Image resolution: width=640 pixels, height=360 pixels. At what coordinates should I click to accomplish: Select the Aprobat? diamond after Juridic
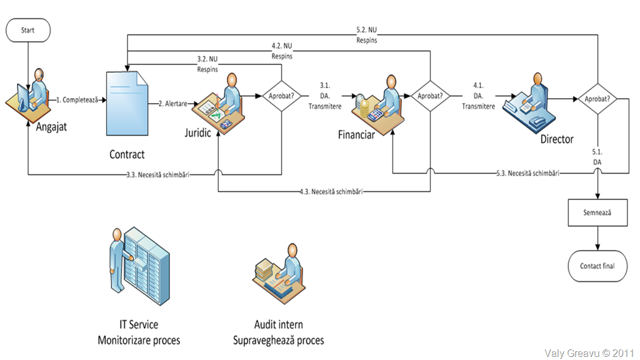coord(281,97)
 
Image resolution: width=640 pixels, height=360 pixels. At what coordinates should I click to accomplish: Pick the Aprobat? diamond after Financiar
coord(431,97)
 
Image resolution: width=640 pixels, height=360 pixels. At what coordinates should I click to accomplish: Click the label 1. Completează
coord(77,99)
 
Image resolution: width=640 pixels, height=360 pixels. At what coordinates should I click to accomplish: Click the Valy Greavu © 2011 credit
coord(589,352)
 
